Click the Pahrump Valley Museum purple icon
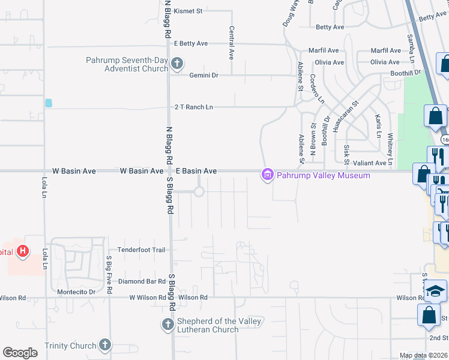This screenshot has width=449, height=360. [x=267, y=175]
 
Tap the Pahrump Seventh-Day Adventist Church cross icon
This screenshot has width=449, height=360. [x=176, y=63]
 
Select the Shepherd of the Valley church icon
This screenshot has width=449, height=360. [x=167, y=325]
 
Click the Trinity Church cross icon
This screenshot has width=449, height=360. [x=105, y=345]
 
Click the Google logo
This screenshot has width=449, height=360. [x=20, y=353]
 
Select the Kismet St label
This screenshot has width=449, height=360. [x=188, y=11]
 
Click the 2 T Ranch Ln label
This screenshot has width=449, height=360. [x=193, y=107]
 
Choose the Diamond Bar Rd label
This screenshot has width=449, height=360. [x=142, y=281]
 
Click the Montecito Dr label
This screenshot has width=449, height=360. [x=75, y=292]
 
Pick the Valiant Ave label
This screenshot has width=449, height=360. [x=370, y=163]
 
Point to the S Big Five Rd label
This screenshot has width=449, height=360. [x=109, y=275]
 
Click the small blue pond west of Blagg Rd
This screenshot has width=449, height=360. [x=49, y=103]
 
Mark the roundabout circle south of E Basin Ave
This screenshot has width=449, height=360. [x=199, y=191]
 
